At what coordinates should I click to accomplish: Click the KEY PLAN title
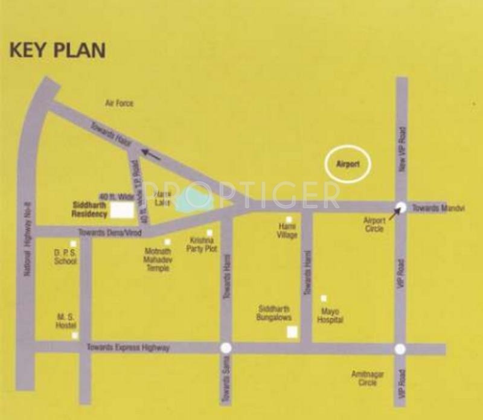click(57, 50)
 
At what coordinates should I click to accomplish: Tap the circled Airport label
click(348, 163)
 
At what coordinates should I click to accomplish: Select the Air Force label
click(120, 104)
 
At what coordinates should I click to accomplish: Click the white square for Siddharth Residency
click(124, 209)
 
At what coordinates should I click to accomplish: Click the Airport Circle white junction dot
click(400, 206)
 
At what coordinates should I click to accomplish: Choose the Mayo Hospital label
click(330, 316)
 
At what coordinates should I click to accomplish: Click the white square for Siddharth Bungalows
click(292, 331)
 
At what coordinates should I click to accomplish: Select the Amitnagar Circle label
click(368, 378)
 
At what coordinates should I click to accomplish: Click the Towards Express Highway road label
click(128, 348)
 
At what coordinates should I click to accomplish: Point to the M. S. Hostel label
click(65, 320)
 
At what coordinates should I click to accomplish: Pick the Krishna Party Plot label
click(203, 244)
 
